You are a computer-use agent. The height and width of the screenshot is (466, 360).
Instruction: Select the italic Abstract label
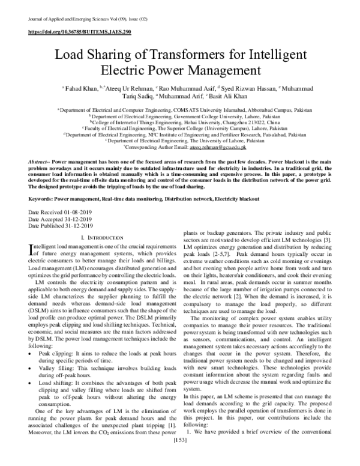tap(40, 163)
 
